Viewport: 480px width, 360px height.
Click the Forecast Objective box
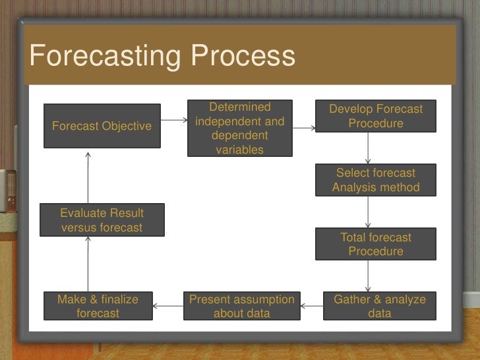pyautogui.click(x=102, y=126)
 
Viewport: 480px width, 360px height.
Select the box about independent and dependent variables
pyautogui.click(x=240, y=129)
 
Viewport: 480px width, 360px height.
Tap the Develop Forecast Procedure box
pyautogui.click(x=376, y=117)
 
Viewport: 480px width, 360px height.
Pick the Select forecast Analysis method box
pyautogui.click(x=376, y=180)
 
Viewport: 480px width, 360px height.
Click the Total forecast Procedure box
pyautogui.click(x=376, y=245)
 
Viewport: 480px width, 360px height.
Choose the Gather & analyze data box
pyautogui.click(x=380, y=307)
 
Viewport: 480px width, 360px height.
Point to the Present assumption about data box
pyautogui.click(x=242, y=307)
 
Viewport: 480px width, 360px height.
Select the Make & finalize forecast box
pyautogui.click(x=98, y=307)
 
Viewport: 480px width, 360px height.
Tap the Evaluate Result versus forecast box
pyautogui.click(x=102, y=220)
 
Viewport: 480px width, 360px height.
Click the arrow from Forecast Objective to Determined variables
pyautogui.click(x=173, y=121)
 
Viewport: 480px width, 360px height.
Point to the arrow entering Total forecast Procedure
pyautogui.click(x=369, y=212)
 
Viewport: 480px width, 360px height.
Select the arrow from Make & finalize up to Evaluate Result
pyautogui.click(x=88, y=264)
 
